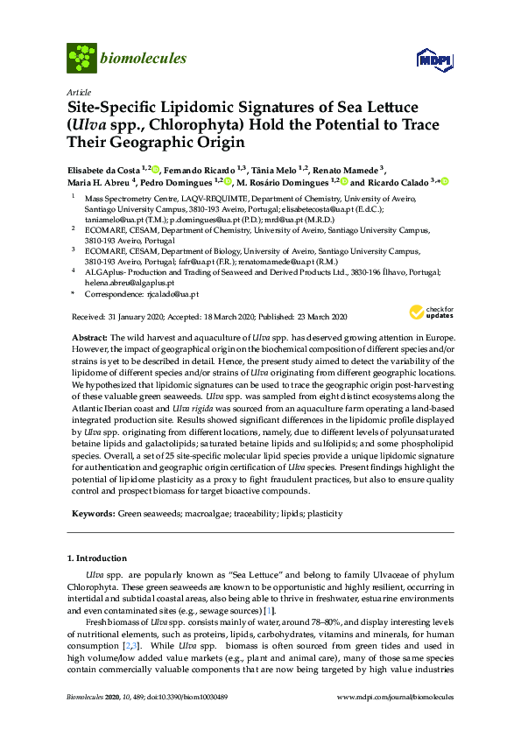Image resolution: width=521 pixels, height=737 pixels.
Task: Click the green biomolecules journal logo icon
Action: (x=81, y=59)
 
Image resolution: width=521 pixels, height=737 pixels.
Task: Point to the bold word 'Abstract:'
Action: (x=90, y=337)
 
